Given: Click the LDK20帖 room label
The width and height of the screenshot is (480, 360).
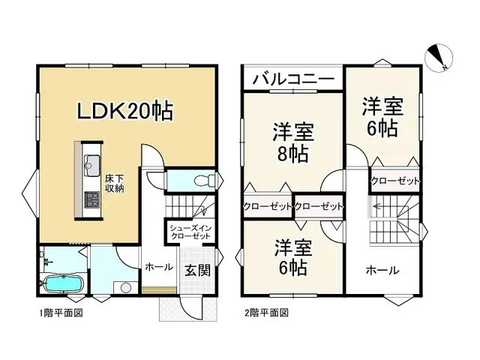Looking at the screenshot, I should point(126,112).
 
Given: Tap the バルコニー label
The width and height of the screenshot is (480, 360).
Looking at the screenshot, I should point(292,78).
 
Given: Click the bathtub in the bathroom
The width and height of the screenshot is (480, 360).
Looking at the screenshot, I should point(61,285).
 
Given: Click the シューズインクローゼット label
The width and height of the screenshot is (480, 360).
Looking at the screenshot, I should point(188,231).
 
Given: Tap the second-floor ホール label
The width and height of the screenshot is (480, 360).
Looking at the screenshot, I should point(382,271).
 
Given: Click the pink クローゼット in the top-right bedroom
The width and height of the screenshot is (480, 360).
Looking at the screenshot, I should point(395,181).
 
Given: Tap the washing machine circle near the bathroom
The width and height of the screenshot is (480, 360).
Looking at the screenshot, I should point(125,286).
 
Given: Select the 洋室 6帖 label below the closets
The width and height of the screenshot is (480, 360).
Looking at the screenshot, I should point(292,254).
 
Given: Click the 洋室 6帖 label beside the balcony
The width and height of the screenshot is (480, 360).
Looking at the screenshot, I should point(382,115).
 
